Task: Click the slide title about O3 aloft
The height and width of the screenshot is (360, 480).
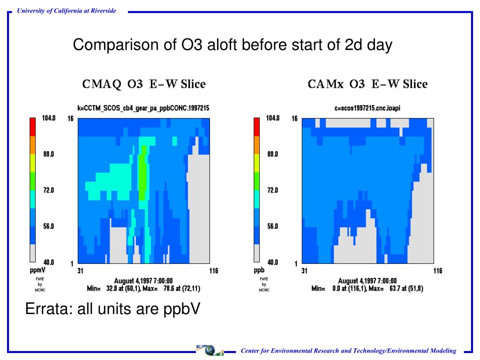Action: (x=232, y=45)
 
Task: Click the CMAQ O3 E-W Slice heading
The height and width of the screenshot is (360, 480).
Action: (x=143, y=84)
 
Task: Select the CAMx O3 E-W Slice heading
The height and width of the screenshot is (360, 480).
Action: (x=367, y=84)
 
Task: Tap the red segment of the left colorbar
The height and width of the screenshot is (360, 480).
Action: (x=32, y=127)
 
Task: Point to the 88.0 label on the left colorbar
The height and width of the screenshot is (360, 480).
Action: (x=49, y=154)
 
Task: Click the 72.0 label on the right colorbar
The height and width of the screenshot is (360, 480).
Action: (x=273, y=190)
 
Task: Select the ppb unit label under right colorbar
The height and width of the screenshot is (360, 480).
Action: (x=259, y=270)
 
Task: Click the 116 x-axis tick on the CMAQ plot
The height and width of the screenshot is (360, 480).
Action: (x=213, y=271)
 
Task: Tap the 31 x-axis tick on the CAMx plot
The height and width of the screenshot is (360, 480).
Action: (x=305, y=271)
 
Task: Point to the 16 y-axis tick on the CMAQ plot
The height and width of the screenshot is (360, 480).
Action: (x=70, y=119)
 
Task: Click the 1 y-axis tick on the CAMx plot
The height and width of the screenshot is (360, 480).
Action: (x=296, y=264)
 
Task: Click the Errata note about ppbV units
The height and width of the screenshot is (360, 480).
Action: (x=112, y=308)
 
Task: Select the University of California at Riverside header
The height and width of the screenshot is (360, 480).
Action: (x=67, y=11)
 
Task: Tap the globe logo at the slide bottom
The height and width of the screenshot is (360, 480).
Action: (x=210, y=350)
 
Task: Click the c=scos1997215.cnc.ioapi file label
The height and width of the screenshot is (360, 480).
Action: (x=367, y=108)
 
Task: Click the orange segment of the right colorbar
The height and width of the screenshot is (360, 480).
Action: (x=256, y=145)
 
